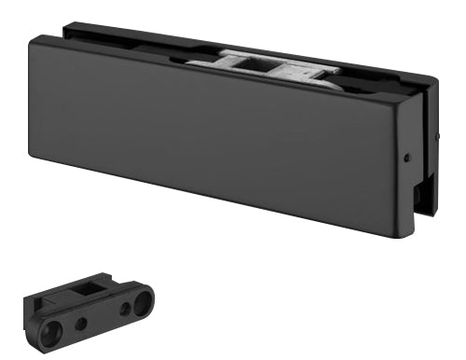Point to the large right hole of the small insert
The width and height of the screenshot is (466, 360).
point(142,302)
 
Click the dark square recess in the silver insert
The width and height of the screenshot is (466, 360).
point(257,64)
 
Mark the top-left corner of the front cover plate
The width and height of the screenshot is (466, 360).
point(34,37)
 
